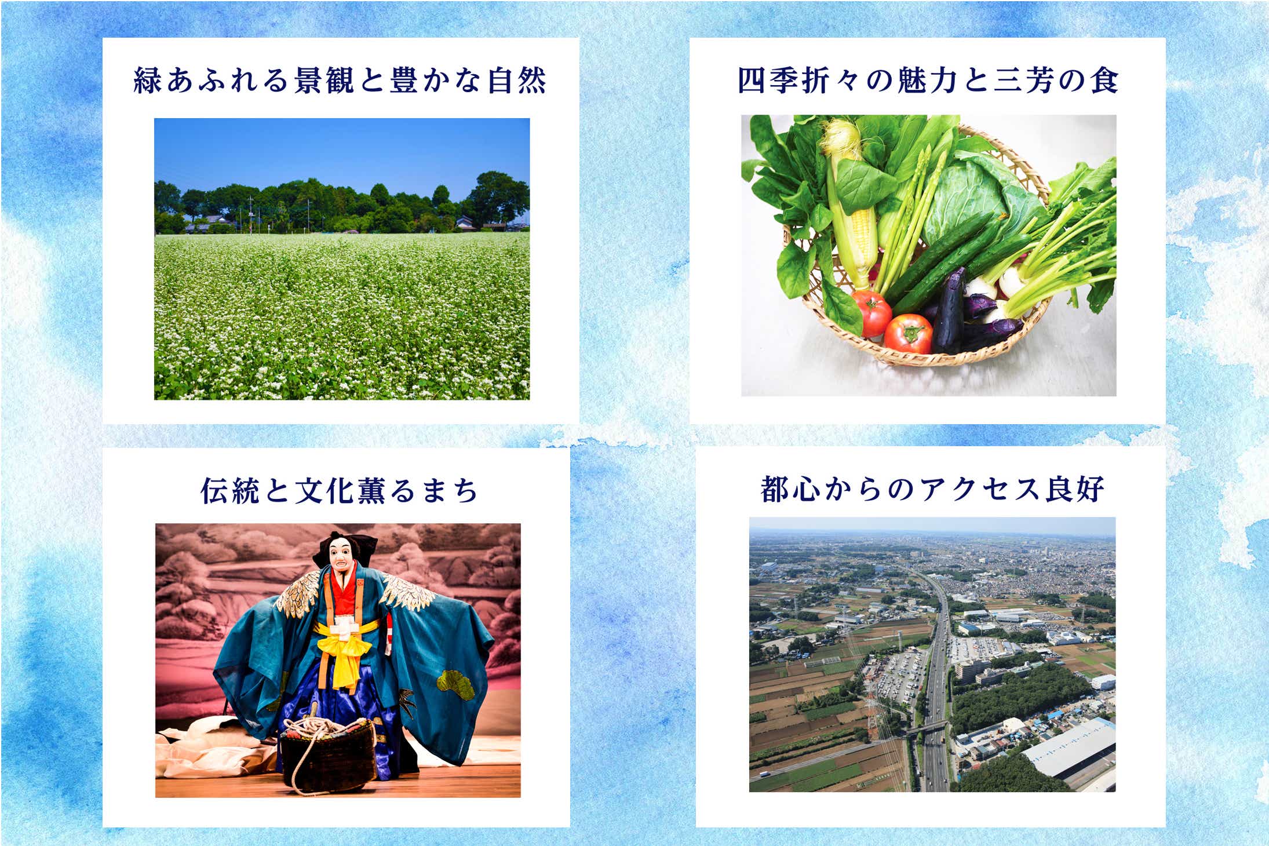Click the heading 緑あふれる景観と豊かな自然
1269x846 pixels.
(340, 80)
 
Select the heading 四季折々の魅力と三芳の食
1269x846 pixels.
(928, 80)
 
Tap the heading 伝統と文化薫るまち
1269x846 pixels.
(340, 490)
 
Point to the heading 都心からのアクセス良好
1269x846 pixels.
(932, 488)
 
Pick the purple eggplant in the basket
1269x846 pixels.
(949, 313)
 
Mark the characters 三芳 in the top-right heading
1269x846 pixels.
(1023, 80)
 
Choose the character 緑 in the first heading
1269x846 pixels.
(147, 80)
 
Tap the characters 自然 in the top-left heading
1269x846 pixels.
(517, 80)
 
